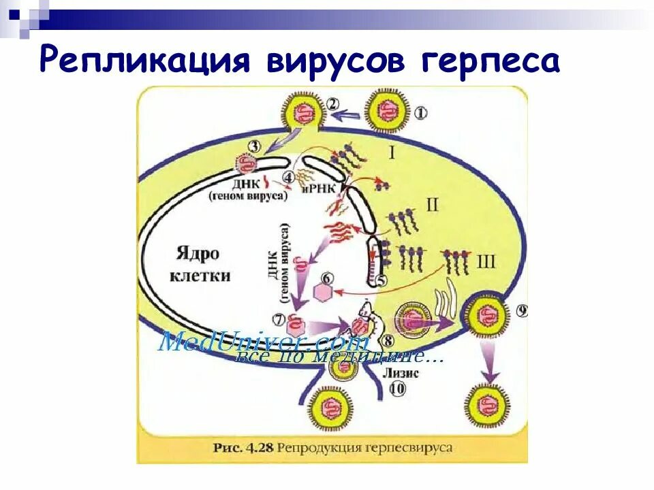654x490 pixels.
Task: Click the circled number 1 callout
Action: tap(421, 112)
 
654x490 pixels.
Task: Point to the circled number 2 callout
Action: tap(332, 104)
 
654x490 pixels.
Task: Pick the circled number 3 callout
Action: tap(254, 145)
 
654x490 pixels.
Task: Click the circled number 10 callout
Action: tap(397, 389)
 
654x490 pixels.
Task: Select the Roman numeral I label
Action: tap(392, 152)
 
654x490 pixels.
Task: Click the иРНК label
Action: tap(320, 189)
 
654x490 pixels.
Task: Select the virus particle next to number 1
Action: tap(386, 111)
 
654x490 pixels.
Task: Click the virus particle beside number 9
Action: tap(486, 317)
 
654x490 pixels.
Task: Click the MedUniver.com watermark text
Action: tap(264, 342)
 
